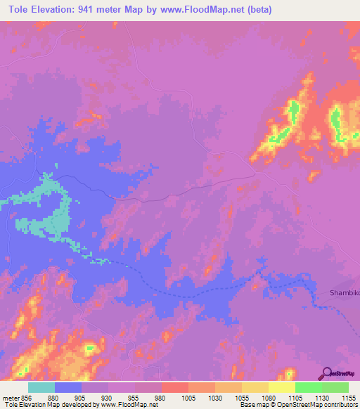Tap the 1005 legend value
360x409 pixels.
[188, 397]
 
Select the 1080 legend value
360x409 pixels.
[268, 397]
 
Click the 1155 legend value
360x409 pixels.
[348, 397]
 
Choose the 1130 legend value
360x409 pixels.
[321, 397]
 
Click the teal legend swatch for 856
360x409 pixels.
[41, 387]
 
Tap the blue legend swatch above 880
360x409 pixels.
[68, 387]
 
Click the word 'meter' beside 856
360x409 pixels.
[10, 397]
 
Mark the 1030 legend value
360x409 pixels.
[214, 397]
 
